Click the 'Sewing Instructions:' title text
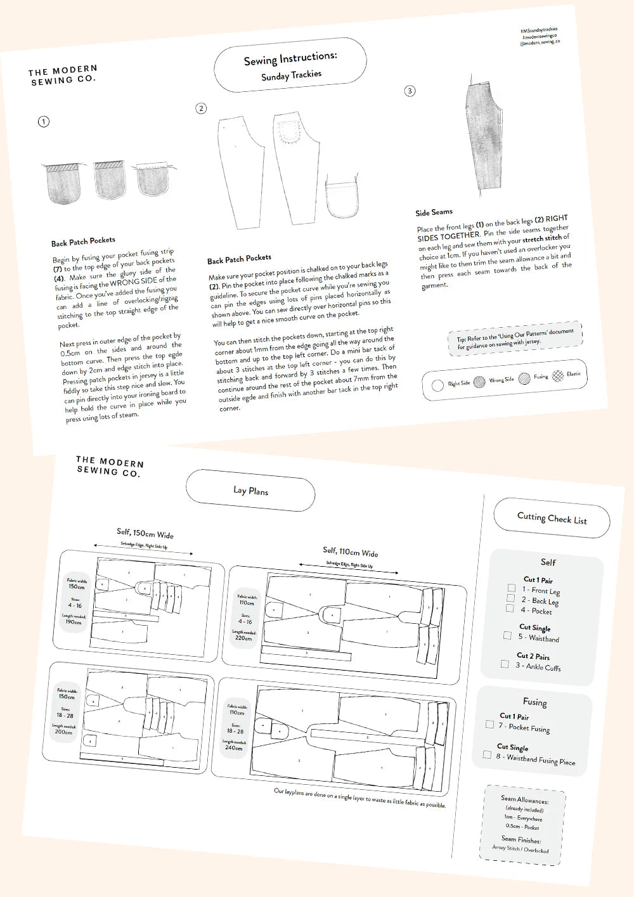pos(290,59)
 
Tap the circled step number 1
pos(43,121)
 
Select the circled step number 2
pos(201,108)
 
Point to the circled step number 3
pos(410,91)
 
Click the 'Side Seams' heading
pos(434,212)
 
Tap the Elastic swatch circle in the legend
pos(557,375)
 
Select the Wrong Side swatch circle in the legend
pos(479,382)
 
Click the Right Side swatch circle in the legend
pos(437,385)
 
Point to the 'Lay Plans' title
pos(250,491)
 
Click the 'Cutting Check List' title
pos(552,519)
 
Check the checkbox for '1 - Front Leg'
pos(511,588)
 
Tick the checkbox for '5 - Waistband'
pos(507,635)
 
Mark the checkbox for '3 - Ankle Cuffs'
pos(505,664)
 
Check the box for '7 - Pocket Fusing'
pos(489,724)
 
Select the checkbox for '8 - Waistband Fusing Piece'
pos(487,754)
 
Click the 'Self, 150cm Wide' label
pos(145,534)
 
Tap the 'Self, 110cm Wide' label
pos(350,552)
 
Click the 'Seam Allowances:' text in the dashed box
pos(524,800)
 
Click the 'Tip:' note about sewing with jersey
pos(515,338)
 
